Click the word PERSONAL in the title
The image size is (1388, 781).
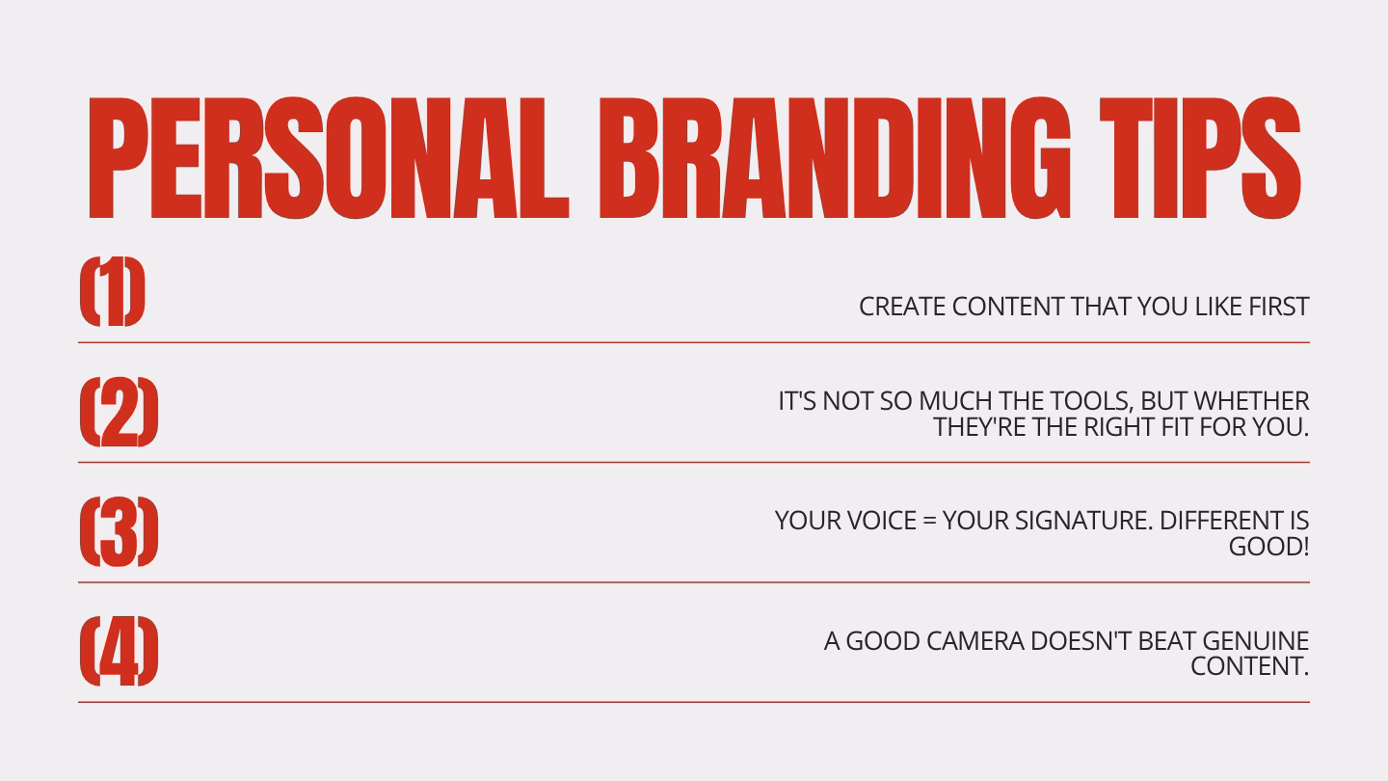(x=329, y=158)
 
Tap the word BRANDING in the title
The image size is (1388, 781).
(x=835, y=158)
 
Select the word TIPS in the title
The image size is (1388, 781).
(x=1200, y=158)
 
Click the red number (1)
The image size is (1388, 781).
(x=112, y=291)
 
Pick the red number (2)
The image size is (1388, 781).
(x=119, y=412)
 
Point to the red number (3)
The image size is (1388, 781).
(x=119, y=531)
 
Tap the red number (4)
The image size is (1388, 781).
(x=119, y=651)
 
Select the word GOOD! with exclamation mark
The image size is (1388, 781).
(x=1269, y=547)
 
